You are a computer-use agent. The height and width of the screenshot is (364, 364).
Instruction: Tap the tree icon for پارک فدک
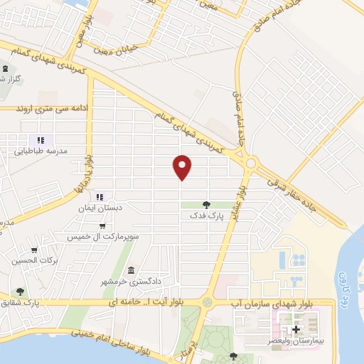click(x=206, y=205)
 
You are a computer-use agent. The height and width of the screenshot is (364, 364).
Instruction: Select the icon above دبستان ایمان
click(x=100, y=197)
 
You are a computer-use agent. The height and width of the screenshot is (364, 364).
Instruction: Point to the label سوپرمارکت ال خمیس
click(x=109, y=235)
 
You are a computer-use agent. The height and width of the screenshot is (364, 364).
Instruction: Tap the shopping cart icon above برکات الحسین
click(x=34, y=250)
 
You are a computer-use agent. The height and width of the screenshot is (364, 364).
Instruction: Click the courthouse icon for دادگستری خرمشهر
click(x=132, y=270)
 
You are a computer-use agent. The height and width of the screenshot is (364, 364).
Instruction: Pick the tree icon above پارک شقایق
click(x=20, y=291)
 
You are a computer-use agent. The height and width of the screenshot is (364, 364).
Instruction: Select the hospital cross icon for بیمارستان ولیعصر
click(x=296, y=329)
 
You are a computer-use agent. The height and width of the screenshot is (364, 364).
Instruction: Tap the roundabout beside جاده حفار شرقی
click(x=250, y=164)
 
